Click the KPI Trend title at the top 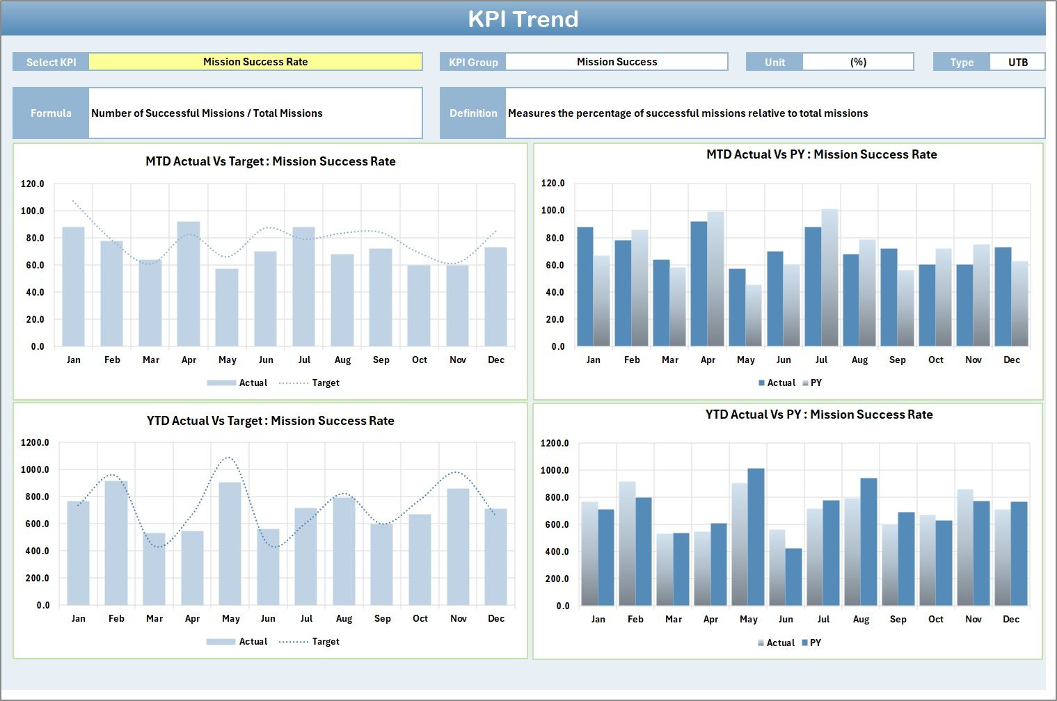coord(523,19)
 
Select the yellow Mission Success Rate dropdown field coord(255,62)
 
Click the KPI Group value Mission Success coord(617,62)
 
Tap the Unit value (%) coord(858,62)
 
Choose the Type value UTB coord(1017,62)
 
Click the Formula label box coord(51,113)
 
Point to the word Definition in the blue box coord(473,113)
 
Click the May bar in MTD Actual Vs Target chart coord(227,307)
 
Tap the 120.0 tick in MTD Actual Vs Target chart coord(33,184)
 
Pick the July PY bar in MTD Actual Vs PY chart coord(829,278)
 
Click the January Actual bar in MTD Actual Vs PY coord(585,287)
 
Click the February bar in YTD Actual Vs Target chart coord(116,542)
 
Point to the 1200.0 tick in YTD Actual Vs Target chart coord(35,443)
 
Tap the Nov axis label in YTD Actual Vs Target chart coord(458,619)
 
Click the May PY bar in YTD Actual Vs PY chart coord(756,537)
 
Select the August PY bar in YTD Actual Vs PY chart coord(868,542)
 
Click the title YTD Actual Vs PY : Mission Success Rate coord(819,414)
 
